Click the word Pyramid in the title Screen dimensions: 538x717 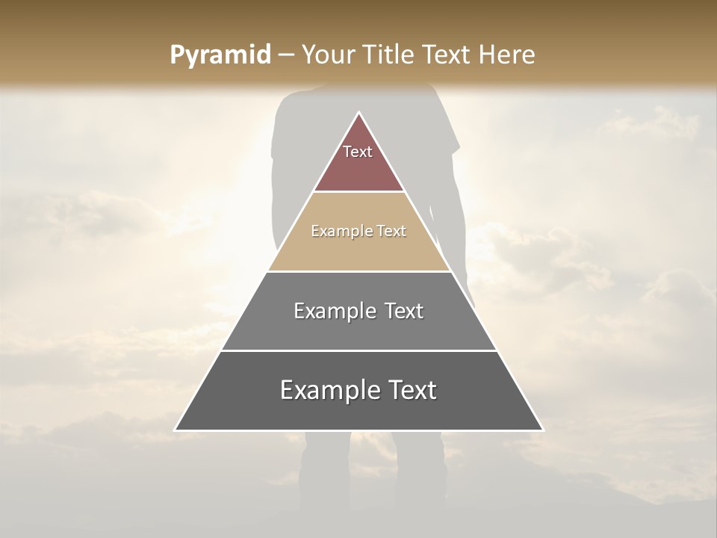pos(220,56)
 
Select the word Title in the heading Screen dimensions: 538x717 pos(390,55)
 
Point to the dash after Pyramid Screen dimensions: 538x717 pos(285,56)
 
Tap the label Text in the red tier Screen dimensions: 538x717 pos(358,152)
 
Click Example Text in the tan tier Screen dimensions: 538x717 pos(358,232)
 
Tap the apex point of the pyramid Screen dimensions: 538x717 pos(359,113)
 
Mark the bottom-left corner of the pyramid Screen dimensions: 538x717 pos(176,430)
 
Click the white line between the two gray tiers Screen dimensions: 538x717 pos(359,350)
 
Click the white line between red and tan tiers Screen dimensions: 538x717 pos(359,192)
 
